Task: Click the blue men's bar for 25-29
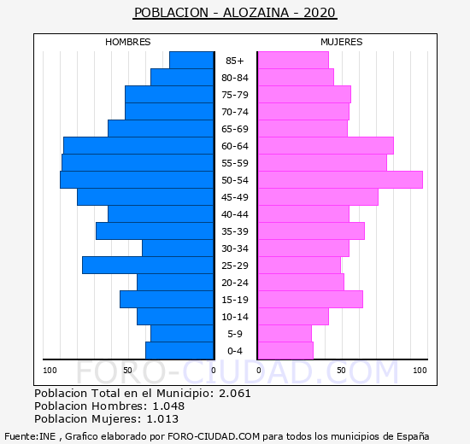tap(148, 266)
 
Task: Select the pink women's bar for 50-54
tap(340, 180)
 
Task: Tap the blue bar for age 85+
tap(191, 61)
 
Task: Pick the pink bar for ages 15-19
tap(310, 300)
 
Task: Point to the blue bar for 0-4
tap(179, 351)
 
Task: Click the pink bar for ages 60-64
tap(326, 146)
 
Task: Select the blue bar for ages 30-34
tap(178, 248)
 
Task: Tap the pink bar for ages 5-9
tap(285, 334)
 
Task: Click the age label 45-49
tap(235, 197)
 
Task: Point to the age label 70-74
tap(235, 112)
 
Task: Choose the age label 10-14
tap(235, 317)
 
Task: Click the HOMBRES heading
tap(128, 42)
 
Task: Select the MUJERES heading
tap(342, 42)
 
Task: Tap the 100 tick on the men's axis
tap(50, 371)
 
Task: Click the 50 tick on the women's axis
tap(341, 371)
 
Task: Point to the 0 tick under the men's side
tap(213, 371)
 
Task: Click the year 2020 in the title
tap(320, 13)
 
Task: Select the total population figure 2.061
tap(235, 393)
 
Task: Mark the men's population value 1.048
tap(168, 406)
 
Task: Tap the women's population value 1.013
tap(162, 419)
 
